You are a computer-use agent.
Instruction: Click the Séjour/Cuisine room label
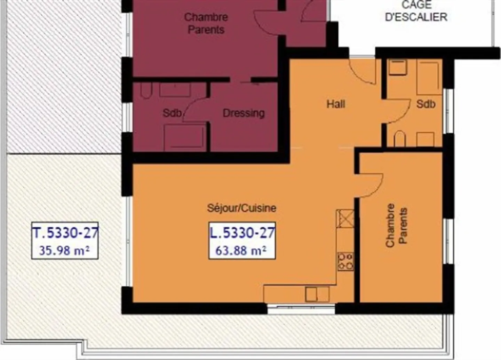[241, 208]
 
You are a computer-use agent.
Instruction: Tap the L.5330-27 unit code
[242, 233]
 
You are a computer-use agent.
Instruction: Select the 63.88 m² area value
[241, 250]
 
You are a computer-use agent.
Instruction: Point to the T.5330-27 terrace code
[65, 233]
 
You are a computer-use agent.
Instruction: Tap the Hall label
[336, 104]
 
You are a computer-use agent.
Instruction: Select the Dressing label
[244, 113]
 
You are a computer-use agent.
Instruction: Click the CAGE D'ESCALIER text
[416, 11]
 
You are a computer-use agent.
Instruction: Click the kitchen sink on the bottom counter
[317, 294]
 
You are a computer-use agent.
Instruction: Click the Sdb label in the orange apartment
[426, 104]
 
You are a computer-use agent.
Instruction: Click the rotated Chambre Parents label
[396, 225]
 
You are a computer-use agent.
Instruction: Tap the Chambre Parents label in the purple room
[206, 23]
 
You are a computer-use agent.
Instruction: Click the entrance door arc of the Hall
[362, 71]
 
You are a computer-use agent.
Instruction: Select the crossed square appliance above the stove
[345, 219]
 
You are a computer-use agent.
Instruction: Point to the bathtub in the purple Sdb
[184, 138]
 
